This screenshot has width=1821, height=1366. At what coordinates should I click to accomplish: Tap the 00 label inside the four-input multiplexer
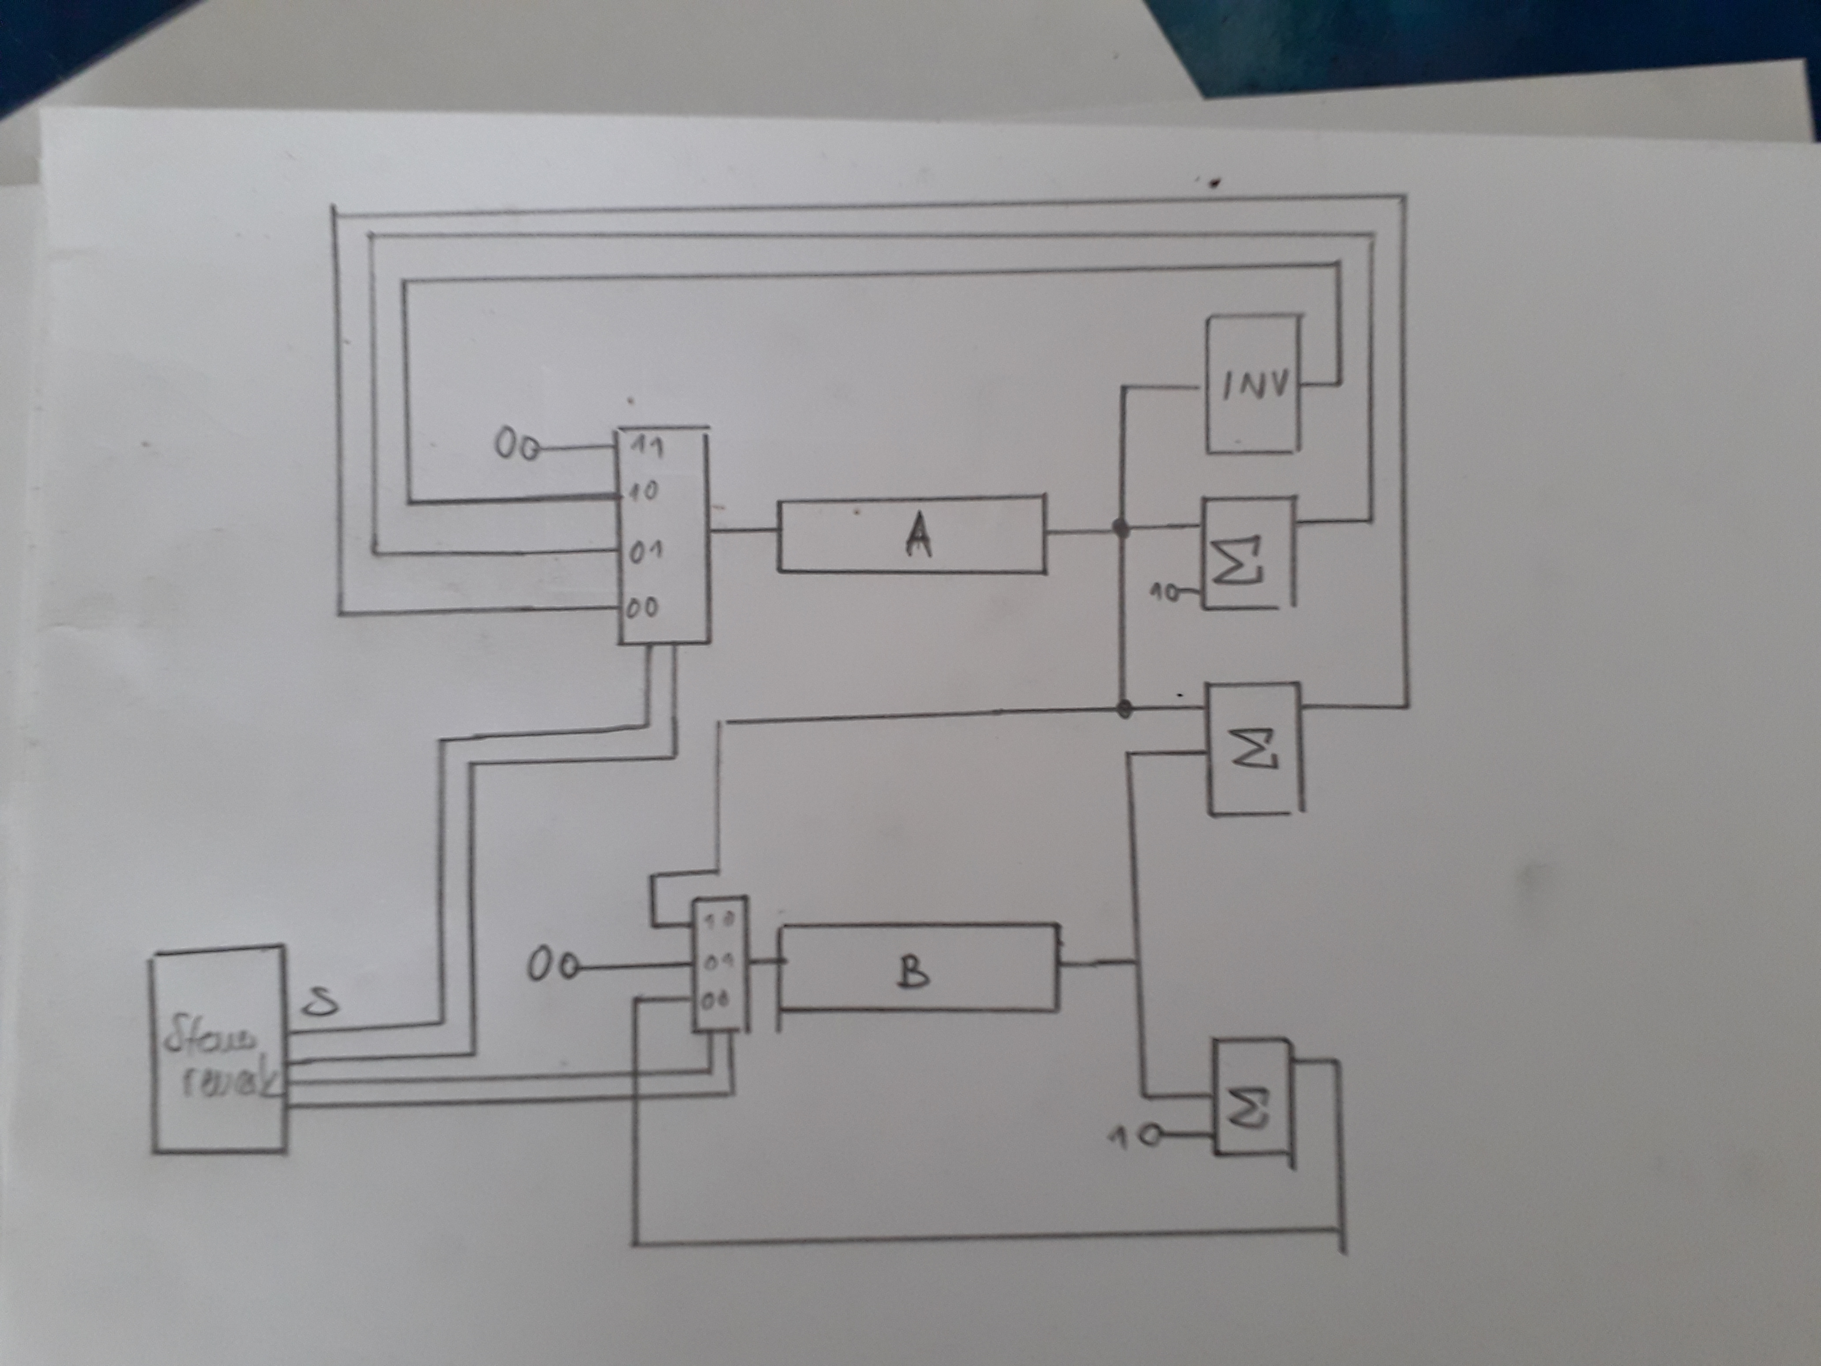click(x=642, y=608)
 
